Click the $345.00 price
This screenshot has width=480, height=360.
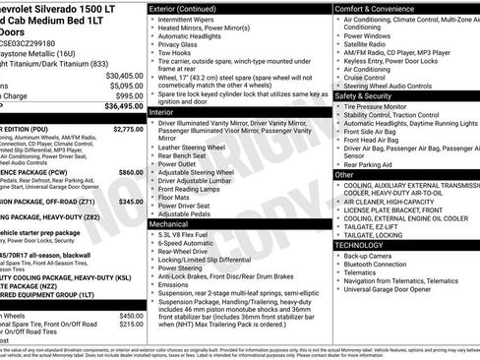(x=132, y=200)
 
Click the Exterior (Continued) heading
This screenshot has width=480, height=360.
(x=191, y=8)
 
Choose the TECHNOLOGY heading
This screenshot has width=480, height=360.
(x=365, y=244)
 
